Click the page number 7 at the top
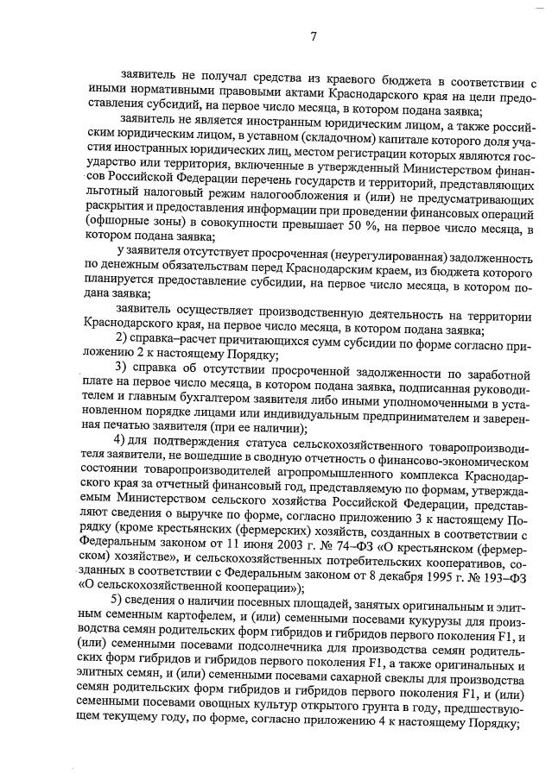(x=314, y=36)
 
